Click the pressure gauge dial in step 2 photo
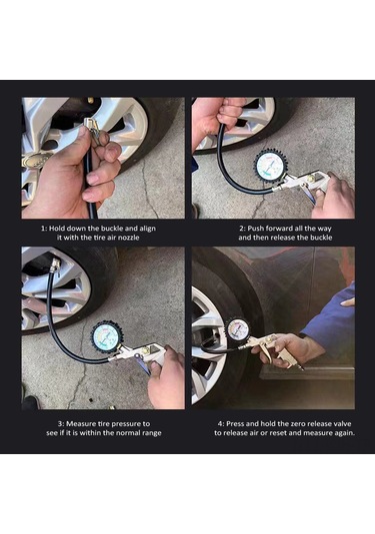pos(272,166)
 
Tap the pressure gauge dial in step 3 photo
pos(107,338)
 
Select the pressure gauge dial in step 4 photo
pos(238,329)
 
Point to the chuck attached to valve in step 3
pos(55,266)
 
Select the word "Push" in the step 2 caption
pos(256,229)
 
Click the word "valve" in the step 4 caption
pos(341,424)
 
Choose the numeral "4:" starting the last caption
pos(221,424)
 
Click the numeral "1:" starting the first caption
pos(44,229)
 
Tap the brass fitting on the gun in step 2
pos(311,178)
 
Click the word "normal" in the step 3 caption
pos(127,433)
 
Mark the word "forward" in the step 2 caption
pos(279,229)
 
